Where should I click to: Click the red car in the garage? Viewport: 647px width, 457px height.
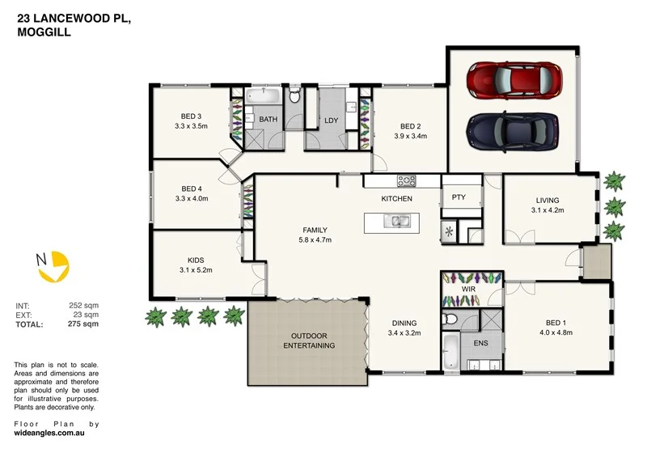coord(513,78)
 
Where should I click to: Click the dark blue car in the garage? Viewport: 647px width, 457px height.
coord(513,127)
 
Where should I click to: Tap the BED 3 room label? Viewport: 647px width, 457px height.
coord(192,116)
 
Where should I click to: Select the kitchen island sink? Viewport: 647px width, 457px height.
coord(396,220)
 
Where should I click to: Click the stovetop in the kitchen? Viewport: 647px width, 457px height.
coord(405,180)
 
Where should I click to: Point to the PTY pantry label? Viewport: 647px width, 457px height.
coord(459,197)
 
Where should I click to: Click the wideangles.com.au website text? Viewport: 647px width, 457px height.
coord(50,433)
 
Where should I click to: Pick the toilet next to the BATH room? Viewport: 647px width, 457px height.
coord(294,98)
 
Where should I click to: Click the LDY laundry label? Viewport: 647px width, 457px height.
coord(331,121)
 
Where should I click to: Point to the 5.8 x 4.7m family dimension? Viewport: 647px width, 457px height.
coord(315,240)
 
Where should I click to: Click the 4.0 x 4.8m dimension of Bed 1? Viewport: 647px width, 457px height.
coord(556,332)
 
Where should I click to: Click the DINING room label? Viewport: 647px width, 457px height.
coord(404,322)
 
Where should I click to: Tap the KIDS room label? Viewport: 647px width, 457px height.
coord(195,260)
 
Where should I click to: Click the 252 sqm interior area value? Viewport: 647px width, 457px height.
coord(83,305)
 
